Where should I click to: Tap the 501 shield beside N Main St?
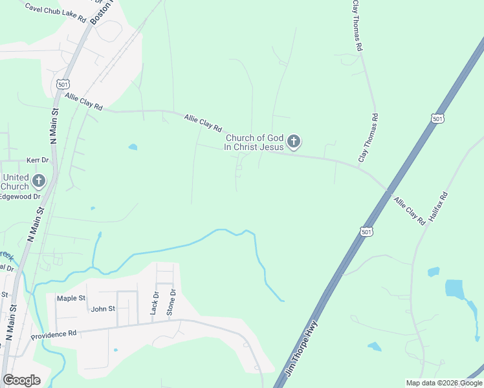point(62,85)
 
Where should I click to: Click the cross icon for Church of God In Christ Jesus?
point(294,141)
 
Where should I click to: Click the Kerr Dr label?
point(38,160)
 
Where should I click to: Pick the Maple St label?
point(71,298)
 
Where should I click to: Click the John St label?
point(103,309)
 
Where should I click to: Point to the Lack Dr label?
point(155,303)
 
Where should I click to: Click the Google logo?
point(21,380)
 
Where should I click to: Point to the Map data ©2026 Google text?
point(444,383)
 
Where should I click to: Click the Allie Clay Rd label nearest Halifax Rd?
point(410,211)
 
